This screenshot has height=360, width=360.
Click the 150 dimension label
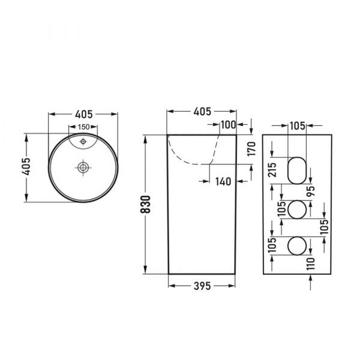(83, 127)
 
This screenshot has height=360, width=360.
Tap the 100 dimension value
(227, 125)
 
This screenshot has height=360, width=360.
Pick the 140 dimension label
(223, 180)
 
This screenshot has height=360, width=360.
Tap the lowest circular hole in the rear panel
(296, 245)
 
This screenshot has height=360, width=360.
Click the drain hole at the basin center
(83, 167)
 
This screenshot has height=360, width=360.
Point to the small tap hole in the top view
(83, 142)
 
